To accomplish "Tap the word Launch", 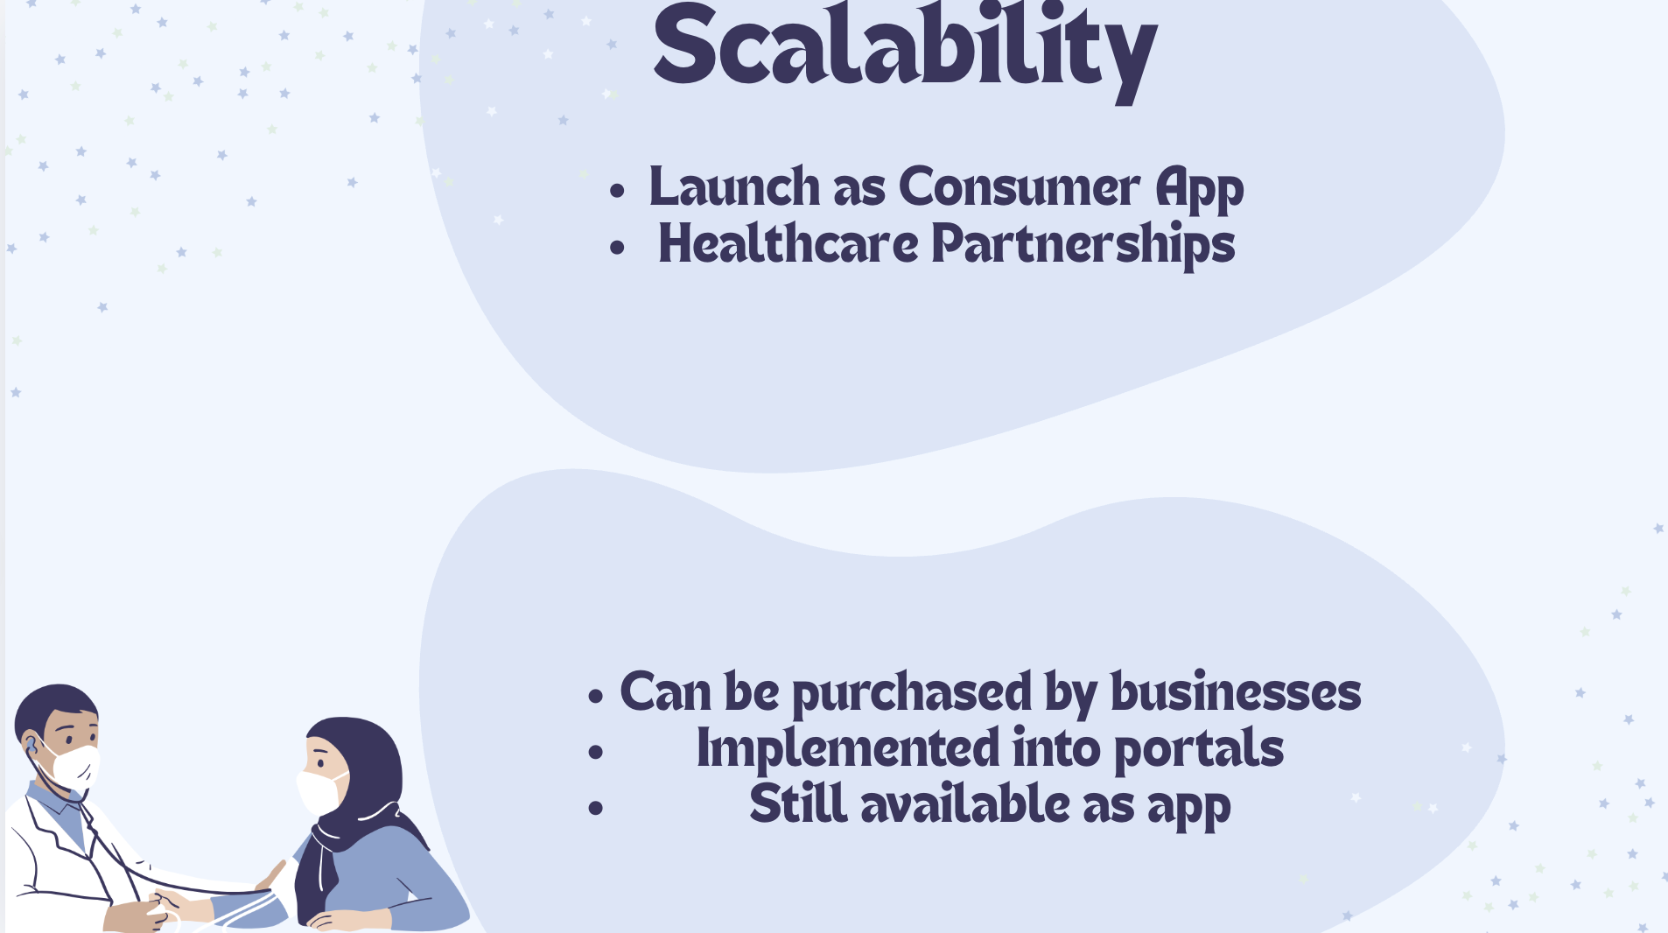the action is coord(734,186).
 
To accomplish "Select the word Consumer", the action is coord(1020,186).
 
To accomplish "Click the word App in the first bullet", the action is coord(1200,190).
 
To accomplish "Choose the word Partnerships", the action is coord(1083,245).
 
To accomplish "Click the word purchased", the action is coord(912,694).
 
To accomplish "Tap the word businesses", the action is coord(1236,692).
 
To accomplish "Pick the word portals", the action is coord(1199,750).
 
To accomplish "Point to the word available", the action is coord(965,803).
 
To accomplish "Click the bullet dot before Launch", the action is coord(617,191).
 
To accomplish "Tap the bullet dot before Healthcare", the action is coord(617,248).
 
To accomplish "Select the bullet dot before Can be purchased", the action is coord(596,697).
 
